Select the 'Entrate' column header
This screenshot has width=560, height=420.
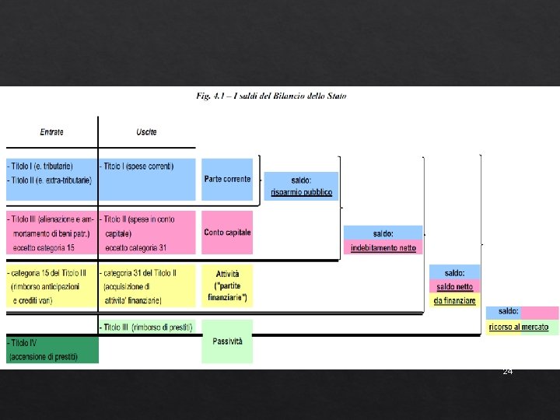[x=52, y=132]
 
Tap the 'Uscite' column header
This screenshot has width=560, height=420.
[x=146, y=132]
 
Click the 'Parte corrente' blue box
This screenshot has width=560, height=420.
[x=227, y=179]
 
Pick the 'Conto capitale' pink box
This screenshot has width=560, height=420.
[x=227, y=232]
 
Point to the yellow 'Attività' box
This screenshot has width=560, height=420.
[x=227, y=285]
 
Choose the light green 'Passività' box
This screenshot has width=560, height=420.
[x=227, y=341]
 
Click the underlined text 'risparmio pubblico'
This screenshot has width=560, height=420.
[x=301, y=192]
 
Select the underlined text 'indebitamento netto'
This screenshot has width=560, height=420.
[x=383, y=248]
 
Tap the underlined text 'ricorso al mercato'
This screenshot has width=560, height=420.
[x=519, y=327]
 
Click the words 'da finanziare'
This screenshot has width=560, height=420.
[x=455, y=300]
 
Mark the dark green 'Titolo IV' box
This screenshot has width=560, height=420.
[x=52, y=349]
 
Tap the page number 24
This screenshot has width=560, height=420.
[x=508, y=372]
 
